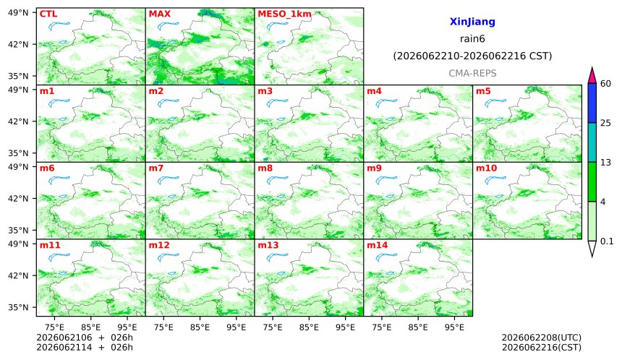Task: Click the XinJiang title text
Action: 472,22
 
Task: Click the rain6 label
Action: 472,39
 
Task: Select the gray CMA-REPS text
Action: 472,73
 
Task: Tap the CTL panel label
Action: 48,14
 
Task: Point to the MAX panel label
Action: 159,14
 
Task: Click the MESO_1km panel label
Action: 284,14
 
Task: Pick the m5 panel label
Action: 483,91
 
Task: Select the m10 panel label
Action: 486,168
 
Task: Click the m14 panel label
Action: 378,245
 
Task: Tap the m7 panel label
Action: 156,168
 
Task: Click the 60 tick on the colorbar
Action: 606,84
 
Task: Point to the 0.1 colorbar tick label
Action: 607,241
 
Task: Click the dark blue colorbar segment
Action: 592,103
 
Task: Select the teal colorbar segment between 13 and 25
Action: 592,142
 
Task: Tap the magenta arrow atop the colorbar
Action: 592,75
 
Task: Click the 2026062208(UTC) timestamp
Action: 542,338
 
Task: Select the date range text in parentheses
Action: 472,56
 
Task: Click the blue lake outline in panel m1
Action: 59,103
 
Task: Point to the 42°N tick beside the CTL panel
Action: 18,44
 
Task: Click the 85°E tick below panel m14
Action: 418,327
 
